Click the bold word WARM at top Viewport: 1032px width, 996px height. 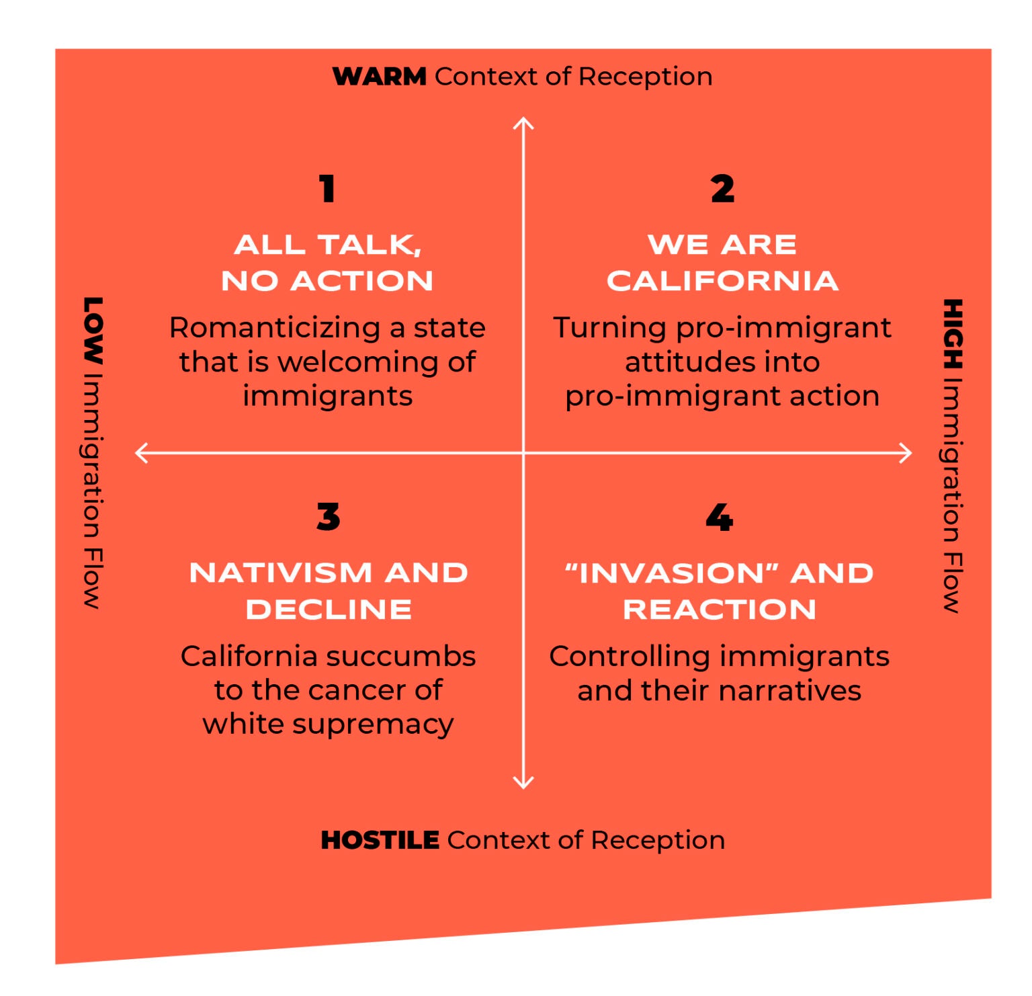click(380, 77)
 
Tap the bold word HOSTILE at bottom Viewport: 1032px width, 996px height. click(380, 840)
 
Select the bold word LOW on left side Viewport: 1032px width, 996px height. click(93, 330)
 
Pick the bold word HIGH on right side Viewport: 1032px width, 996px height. click(952, 334)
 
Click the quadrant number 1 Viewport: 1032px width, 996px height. click(327, 189)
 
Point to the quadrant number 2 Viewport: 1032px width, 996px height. click(722, 189)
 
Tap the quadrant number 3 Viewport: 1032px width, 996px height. click(328, 517)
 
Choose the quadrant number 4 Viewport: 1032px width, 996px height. click(719, 517)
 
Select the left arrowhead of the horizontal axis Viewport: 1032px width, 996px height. click(139, 453)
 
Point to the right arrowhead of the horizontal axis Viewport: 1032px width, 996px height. click(908, 453)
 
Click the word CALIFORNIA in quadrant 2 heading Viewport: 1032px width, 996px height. click(722, 281)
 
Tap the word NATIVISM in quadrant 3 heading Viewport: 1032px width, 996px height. click(280, 573)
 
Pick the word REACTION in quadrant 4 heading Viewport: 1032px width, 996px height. click(720, 610)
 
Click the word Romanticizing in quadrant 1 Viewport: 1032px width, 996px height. click(275, 328)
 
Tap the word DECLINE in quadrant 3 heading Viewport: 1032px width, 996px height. click(329, 610)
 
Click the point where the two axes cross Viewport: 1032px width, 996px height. click(523, 453)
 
